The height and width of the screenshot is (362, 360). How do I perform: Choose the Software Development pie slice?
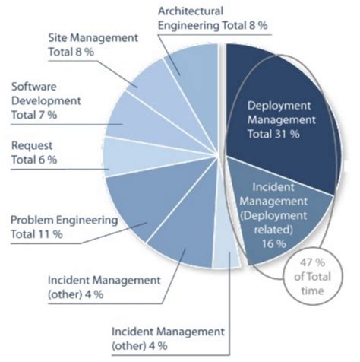[129, 122]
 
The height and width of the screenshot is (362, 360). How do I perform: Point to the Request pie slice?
[125, 156]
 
